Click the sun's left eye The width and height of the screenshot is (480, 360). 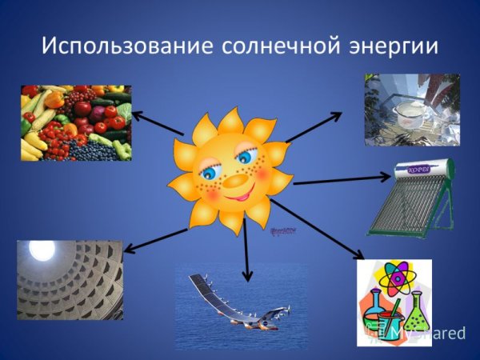coord(211,170)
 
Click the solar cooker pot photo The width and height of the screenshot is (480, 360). coord(411,110)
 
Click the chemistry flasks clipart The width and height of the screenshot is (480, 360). coord(394,302)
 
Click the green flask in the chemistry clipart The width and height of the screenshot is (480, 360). coord(414,314)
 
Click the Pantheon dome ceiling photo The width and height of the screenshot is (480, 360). coord(70,280)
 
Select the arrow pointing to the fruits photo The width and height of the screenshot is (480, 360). coord(158,123)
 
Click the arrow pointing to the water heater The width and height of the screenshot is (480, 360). coord(336,180)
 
